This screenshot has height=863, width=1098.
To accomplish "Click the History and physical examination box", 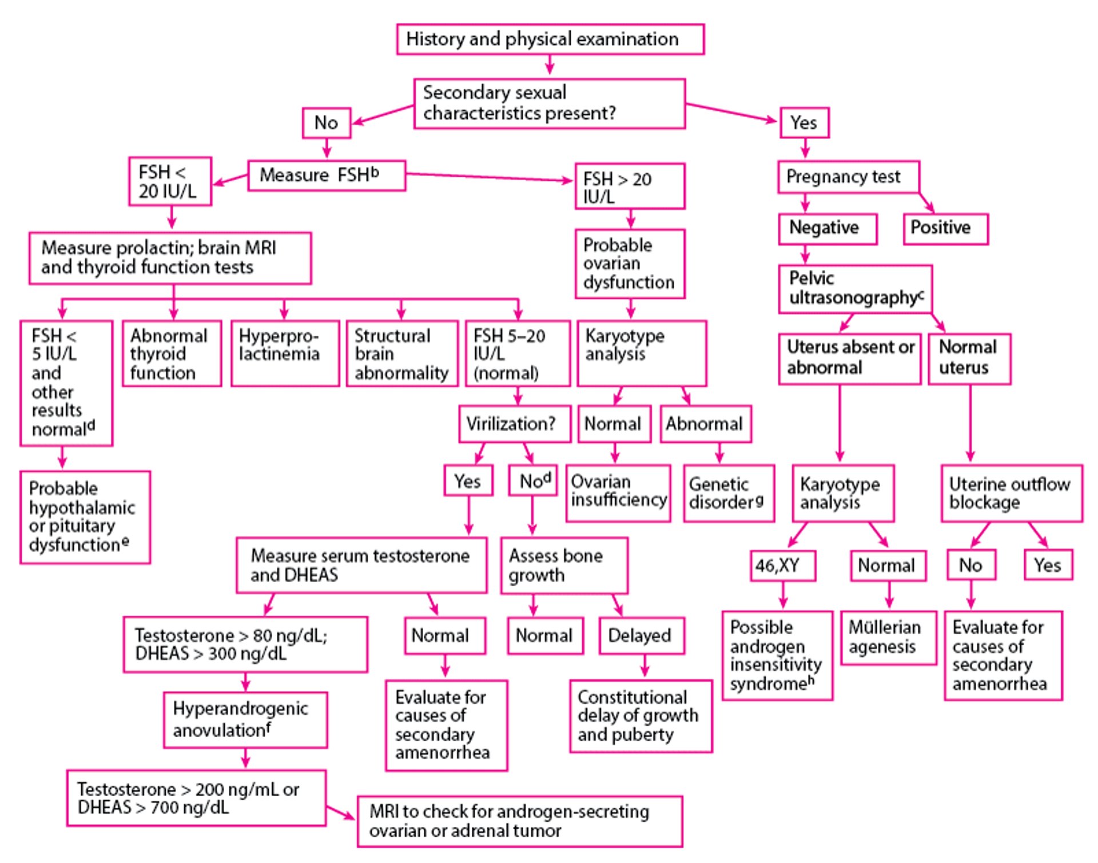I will click(x=550, y=39).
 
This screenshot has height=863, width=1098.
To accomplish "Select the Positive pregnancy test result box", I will click(x=945, y=228).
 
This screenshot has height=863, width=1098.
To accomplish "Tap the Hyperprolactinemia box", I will click(x=285, y=353).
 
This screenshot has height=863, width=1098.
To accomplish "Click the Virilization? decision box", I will click(x=514, y=424).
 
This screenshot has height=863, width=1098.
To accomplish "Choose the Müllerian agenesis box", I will click(x=888, y=637).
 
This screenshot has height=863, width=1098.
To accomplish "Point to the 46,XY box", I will click(x=782, y=566).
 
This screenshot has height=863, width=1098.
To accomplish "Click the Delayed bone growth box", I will click(x=641, y=635).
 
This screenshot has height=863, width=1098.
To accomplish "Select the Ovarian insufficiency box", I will click(x=618, y=492).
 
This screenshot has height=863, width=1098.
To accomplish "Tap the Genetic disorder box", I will click(x=729, y=493).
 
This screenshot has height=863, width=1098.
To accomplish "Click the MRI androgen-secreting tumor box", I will click(x=519, y=821).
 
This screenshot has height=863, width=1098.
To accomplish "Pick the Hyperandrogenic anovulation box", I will click(x=245, y=719).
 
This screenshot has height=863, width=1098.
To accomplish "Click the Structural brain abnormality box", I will click(x=402, y=353).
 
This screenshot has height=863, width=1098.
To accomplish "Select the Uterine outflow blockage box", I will click(x=1011, y=493).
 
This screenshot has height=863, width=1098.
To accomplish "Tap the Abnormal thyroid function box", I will click(x=172, y=353).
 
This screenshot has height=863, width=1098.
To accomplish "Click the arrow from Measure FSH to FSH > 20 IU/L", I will click(x=489, y=177).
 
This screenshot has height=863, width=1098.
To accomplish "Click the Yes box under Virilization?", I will click(x=468, y=480).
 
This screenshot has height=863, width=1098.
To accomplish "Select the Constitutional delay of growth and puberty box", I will click(x=640, y=715).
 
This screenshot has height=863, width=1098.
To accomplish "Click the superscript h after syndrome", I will click(x=811, y=680).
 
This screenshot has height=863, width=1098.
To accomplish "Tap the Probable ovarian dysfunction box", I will click(x=630, y=264).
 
